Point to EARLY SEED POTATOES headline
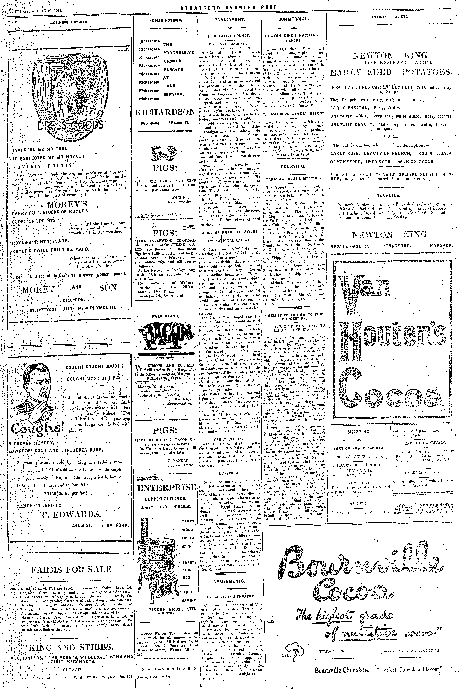390,72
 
